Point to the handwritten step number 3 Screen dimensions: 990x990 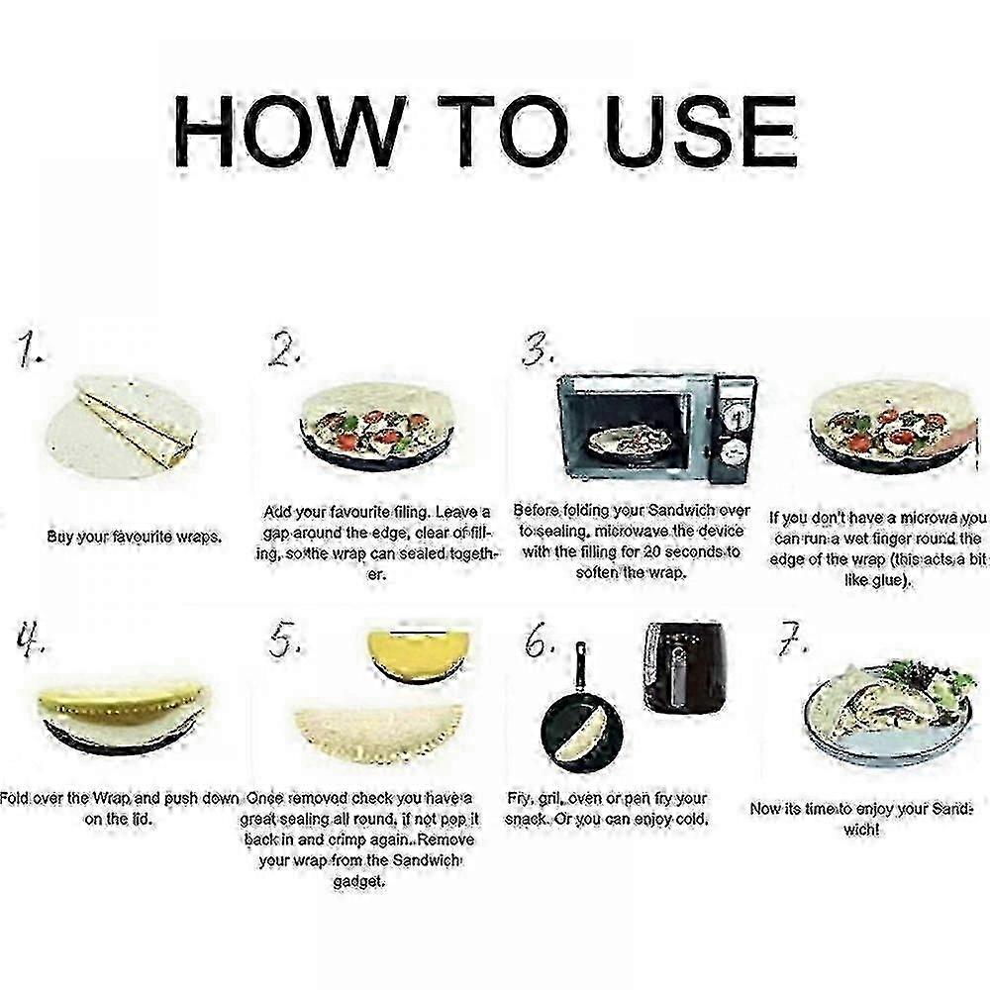(538, 349)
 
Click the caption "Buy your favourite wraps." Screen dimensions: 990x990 (135, 537)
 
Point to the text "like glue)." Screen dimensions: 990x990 (875, 580)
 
